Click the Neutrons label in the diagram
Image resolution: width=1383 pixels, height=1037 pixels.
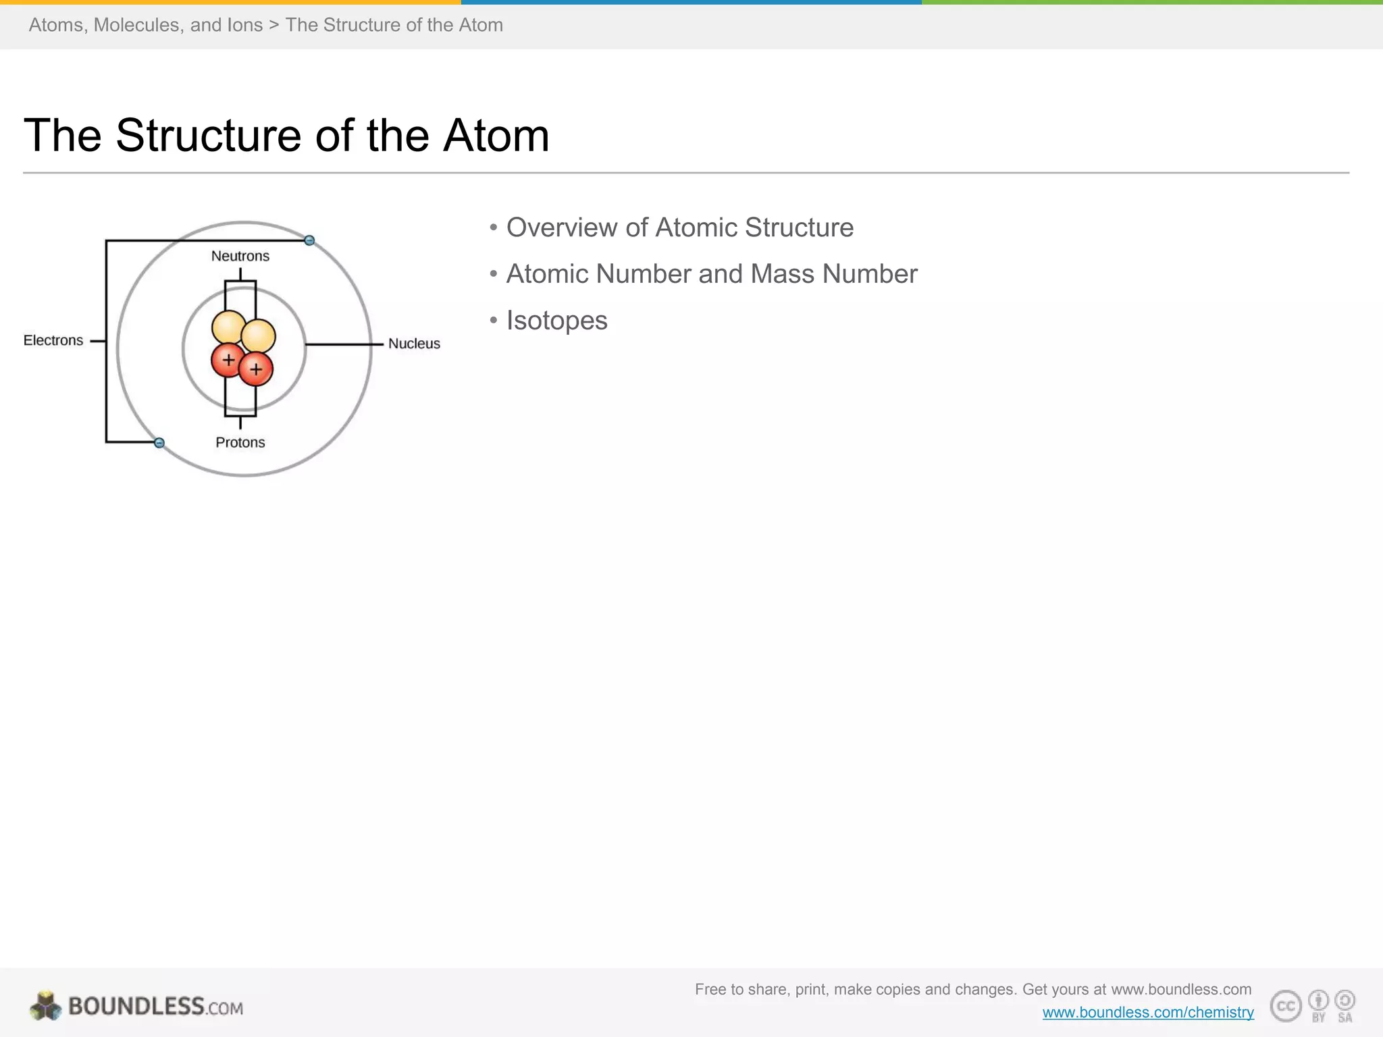(x=240, y=256)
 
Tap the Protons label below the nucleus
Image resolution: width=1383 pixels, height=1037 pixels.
(x=240, y=442)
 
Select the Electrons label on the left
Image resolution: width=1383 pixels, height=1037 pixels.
(x=53, y=340)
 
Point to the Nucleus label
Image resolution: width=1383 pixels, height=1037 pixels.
(x=414, y=344)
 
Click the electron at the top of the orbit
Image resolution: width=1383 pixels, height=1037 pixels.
(x=309, y=240)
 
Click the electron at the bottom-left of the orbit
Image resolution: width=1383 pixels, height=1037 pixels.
(x=159, y=443)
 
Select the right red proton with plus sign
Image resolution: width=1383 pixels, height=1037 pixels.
(x=257, y=370)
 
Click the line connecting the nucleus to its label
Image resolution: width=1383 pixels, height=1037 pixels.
(x=344, y=344)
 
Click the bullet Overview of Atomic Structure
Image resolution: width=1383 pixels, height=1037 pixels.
(x=679, y=228)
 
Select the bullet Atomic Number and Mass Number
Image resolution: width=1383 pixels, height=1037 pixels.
(x=712, y=274)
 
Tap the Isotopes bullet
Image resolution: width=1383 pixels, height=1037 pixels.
(x=556, y=321)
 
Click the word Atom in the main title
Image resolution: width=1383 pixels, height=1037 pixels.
(x=496, y=136)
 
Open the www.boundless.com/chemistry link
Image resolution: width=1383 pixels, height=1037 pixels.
(x=1148, y=1012)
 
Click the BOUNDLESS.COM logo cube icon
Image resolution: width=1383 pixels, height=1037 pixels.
(x=45, y=1006)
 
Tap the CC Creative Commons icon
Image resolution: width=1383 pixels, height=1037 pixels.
(x=1285, y=1006)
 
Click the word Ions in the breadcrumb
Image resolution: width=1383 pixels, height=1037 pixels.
(x=245, y=25)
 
